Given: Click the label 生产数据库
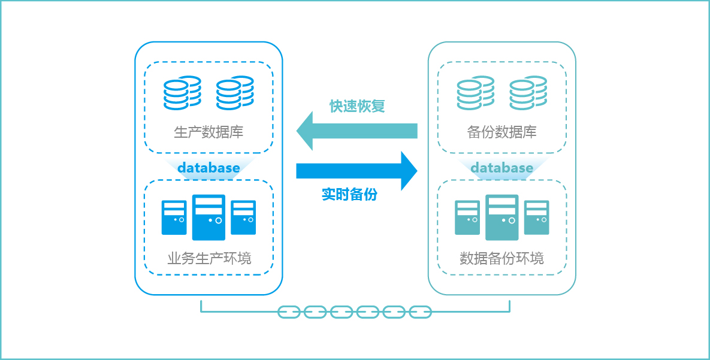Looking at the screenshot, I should (209, 132).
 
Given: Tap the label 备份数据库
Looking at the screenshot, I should (501, 132).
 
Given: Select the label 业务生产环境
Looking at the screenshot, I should (209, 259).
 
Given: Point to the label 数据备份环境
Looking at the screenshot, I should (501, 259).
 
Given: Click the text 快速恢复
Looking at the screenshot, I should (357, 106).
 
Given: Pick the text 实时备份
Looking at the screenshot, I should (349, 195).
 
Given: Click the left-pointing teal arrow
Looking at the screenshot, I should (356, 131).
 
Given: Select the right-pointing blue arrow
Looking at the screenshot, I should (356, 171).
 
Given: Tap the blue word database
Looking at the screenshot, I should (209, 168).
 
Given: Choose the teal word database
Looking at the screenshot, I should (501, 168).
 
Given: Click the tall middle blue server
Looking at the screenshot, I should (209, 217).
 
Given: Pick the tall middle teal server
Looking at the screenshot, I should (501, 217).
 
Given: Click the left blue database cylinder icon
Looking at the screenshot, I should (182, 92).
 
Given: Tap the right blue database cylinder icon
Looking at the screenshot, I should (235, 92).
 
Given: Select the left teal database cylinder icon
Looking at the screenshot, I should (475, 92).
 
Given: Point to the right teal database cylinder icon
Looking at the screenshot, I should (528, 92).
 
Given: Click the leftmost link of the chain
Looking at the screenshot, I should (289, 312).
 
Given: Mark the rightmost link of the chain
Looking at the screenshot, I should (420, 312).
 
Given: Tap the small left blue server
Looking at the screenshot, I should (174, 217).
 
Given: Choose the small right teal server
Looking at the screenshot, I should (536, 217).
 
